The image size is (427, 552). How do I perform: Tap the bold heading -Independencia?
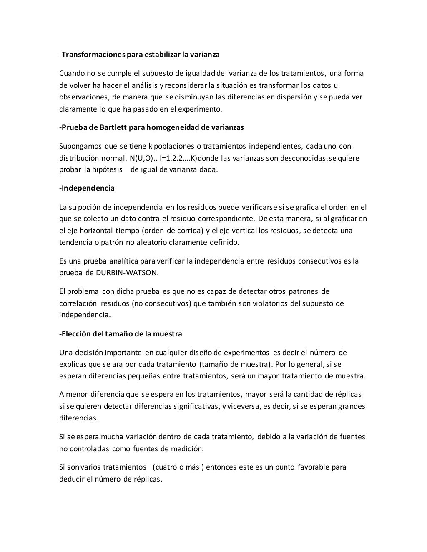pyautogui.click(x=87, y=188)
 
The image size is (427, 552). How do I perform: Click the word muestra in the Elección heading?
pyautogui.click(x=167, y=334)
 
